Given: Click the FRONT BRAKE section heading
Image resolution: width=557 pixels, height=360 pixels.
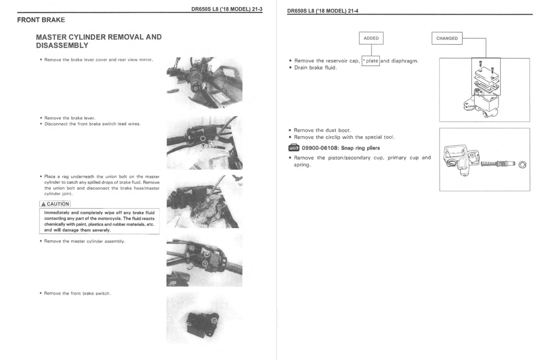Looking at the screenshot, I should (41, 20).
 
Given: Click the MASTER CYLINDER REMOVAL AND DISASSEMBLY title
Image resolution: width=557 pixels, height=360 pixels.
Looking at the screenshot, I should (99, 41).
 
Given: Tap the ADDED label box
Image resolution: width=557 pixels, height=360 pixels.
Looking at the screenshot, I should (371, 38).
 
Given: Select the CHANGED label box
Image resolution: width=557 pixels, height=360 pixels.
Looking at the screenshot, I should (447, 38).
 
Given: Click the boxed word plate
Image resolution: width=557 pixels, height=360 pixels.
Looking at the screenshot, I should (371, 61).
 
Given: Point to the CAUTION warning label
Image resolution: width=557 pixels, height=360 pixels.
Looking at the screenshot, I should (55, 204).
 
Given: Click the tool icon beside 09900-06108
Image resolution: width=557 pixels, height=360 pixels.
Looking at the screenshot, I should (294, 148).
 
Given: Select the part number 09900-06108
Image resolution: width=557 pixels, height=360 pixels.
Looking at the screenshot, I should (320, 148).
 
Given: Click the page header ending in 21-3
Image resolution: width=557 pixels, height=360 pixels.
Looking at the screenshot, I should (227, 10).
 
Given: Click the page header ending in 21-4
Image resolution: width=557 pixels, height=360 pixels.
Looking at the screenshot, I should (323, 11).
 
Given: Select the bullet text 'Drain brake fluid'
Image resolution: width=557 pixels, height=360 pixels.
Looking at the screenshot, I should (315, 68).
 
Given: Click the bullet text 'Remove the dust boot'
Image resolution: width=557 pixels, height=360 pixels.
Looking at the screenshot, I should (322, 130).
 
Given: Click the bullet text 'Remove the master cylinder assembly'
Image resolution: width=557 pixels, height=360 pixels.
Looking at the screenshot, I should (85, 241).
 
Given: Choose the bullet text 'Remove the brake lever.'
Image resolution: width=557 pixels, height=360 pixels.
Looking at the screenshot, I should (70, 118).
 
